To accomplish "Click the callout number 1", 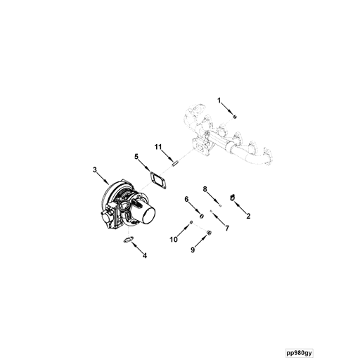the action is pyautogui.click(x=219, y=101).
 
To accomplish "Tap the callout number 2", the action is pyautogui.click(x=248, y=216).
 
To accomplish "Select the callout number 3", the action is pyautogui.click(x=95, y=169).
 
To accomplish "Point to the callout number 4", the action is pyautogui.click(x=145, y=256).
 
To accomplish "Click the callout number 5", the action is pyautogui.click(x=136, y=156).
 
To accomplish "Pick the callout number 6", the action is pyautogui.click(x=186, y=199).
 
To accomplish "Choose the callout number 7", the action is pyautogui.click(x=227, y=228).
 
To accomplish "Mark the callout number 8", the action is pyautogui.click(x=205, y=189).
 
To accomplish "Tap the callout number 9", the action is pyautogui.click(x=193, y=250).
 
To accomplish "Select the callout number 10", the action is pyautogui.click(x=174, y=240).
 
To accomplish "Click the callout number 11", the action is pyautogui.click(x=158, y=147).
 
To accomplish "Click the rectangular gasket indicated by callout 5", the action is pyautogui.click(x=158, y=180).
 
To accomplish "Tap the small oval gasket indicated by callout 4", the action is pyautogui.click(x=129, y=240).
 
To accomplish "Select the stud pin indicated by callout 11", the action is pyautogui.click(x=175, y=163).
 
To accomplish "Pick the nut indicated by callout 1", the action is pyautogui.click(x=235, y=116).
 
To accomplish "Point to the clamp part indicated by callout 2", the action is pyautogui.click(x=232, y=198).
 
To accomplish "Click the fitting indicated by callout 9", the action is pyautogui.click(x=210, y=233).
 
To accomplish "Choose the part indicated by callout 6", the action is pyautogui.click(x=202, y=216).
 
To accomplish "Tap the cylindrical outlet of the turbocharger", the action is pyautogui.click(x=146, y=214).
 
